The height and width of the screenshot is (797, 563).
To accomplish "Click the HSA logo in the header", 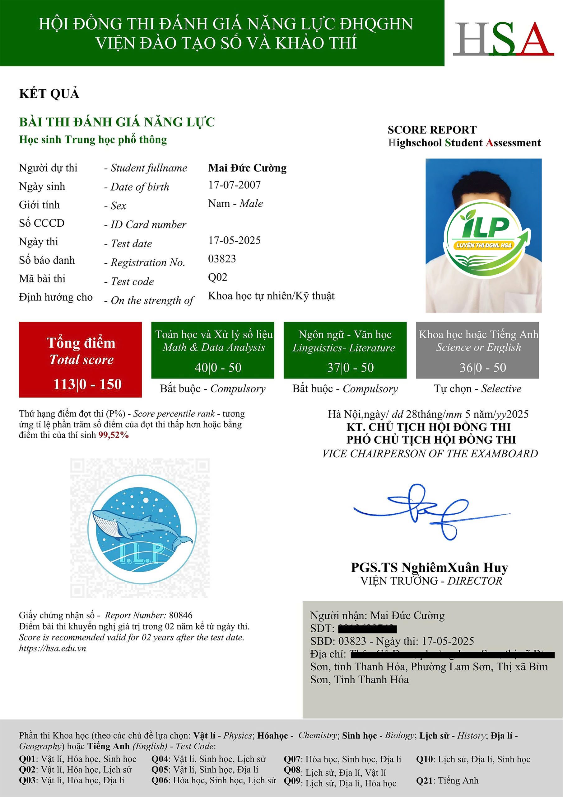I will point(503,39).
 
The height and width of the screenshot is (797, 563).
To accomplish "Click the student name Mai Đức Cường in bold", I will point(247,168).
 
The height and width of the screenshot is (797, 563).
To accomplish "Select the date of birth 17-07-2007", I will point(234,185).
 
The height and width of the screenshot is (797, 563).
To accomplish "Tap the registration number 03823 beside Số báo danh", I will point(222,259).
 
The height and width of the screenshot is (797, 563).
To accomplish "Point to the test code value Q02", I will point(217,277).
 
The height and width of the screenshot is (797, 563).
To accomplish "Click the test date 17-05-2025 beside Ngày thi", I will point(234,240).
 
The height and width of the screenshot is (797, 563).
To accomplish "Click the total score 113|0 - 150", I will point(87,384).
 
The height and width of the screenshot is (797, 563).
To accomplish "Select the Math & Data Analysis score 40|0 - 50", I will point(218,368).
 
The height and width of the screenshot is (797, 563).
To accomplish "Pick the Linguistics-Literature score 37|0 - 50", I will point(350,368).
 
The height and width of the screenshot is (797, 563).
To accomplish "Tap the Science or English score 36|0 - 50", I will point(483,368).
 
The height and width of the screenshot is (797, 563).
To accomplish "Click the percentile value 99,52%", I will point(114,435).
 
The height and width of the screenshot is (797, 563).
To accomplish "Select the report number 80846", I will point(180,615).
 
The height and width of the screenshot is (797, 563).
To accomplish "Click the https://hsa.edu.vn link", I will point(52,648).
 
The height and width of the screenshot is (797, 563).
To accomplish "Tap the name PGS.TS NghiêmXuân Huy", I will point(430,568).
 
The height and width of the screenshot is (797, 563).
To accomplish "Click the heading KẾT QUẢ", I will point(49,94).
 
